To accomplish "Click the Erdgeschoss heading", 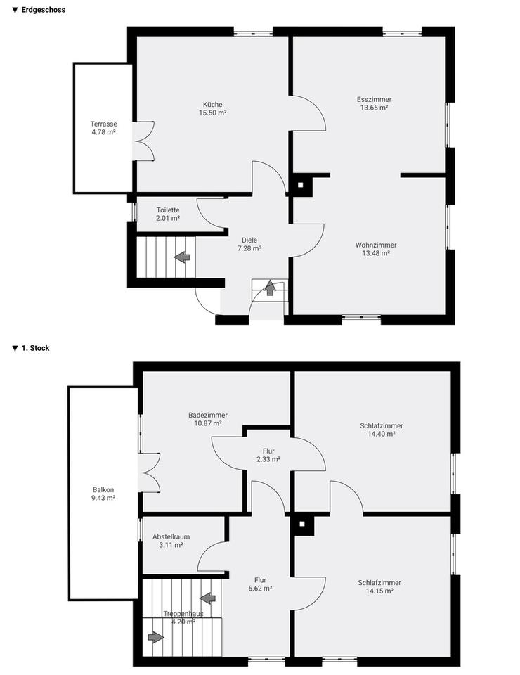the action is [x=44, y=9].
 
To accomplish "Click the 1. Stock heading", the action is [x=35, y=348].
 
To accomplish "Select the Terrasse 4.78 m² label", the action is [x=104, y=128].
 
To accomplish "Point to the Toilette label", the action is [x=168, y=210].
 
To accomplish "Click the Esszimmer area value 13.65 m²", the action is [x=375, y=108].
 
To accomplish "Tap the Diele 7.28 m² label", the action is [x=249, y=244].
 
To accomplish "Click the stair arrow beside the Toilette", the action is [x=182, y=257].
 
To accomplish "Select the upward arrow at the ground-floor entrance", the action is [x=270, y=288].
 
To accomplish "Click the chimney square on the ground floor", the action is [x=301, y=185].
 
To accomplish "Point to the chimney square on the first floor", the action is [x=302, y=524].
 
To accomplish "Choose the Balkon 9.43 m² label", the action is [x=104, y=494].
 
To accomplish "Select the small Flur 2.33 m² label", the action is [x=268, y=455].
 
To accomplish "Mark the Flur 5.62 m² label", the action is [x=260, y=584].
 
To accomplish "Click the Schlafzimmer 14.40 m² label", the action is [x=382, y=430].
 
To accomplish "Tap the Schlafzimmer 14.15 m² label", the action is [x=379, y=586].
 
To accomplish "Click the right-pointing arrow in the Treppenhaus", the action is [x=156, y=637].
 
